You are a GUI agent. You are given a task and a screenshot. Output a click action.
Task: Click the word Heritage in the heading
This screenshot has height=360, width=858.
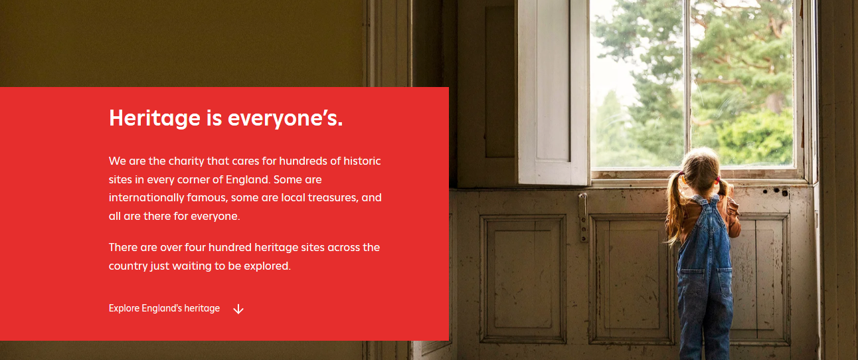coord(155,118)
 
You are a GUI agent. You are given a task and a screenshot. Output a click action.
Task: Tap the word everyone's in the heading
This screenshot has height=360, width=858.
coord(286,118)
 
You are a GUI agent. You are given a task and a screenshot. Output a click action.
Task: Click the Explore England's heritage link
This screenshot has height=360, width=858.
coord(164,308)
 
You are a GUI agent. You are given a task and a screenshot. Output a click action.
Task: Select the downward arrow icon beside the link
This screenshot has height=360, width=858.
coord(238,309)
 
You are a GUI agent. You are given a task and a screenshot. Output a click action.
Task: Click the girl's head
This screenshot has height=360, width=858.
coord(700,169)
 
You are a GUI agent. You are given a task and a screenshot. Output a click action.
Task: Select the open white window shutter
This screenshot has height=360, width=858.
coord(554,92)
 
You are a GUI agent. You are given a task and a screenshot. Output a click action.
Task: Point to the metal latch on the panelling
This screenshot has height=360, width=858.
coord(583,217)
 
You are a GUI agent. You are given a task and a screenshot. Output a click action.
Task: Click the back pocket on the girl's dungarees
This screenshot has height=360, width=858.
coord(692,284)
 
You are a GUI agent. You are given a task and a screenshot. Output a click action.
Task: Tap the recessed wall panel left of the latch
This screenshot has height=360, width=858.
coord(523,279)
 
